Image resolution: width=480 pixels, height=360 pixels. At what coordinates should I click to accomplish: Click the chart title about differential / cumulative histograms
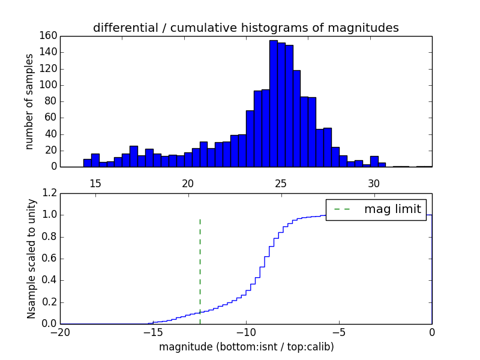click(x=246, y=28)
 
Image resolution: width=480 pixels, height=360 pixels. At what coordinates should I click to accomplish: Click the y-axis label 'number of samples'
click(x=29, y=101)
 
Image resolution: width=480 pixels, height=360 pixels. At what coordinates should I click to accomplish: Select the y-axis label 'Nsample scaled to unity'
click(x=31, y=259)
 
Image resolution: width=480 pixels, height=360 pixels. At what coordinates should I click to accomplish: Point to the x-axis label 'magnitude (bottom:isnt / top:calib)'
click(x=246, y=347)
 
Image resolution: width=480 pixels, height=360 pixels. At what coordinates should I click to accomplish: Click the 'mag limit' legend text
click(x=392, y=209)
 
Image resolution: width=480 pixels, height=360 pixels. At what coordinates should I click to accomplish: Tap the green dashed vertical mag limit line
click(x=200, y=270)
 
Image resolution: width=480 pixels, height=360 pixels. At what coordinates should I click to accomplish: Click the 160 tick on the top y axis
click(x=49, y=36)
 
